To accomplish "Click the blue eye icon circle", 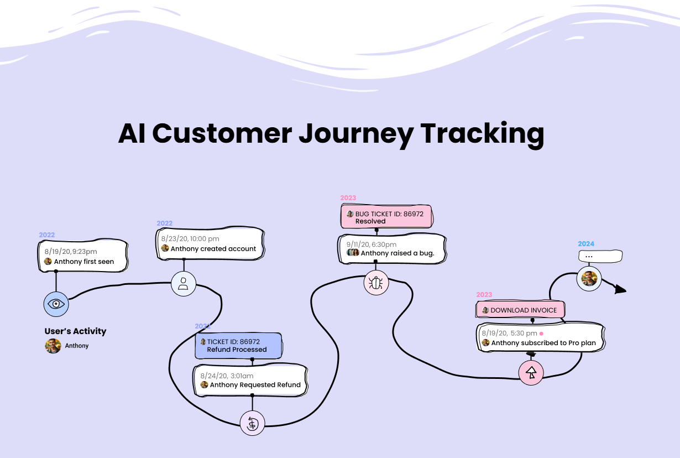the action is [56, 304].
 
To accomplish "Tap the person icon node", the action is [184, 284].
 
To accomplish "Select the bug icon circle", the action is [376, 283].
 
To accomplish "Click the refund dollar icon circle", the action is [252, 423].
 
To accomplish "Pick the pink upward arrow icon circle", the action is [531, 373].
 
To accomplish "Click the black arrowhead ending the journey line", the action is [620, 289].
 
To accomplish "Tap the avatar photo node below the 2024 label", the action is [589, 279].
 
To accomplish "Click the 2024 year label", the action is [586, 243].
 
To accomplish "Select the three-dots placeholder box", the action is [600, 256].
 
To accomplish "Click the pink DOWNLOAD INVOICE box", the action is [520, 310].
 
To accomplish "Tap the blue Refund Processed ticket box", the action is [239, 346].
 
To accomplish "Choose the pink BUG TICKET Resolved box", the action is [386, 216].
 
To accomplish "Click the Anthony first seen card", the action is [83, 256].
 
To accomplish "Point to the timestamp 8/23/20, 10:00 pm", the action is [190, 239].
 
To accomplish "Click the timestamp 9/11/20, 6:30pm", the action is [372, 244].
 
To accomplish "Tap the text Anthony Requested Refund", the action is [255, 385].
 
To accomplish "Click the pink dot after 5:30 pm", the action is [541, 334].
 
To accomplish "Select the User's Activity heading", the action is [75, 331].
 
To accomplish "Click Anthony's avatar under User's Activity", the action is [53, 346].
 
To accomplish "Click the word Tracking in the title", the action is [483, 134].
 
